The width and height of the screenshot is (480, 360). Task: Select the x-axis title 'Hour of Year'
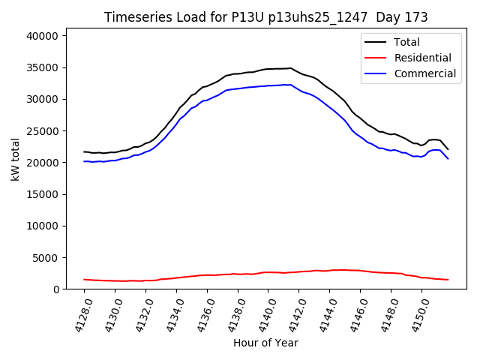[x=265, y=343]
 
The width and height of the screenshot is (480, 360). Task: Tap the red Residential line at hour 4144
[x=329, y=270]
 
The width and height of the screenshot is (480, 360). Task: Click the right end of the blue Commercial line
[x=448, y=158]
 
